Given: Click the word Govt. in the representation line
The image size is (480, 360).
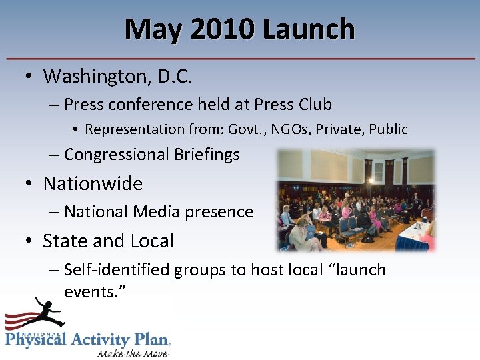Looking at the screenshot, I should click(245, 129).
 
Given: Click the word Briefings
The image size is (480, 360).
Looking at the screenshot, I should click(207, 155).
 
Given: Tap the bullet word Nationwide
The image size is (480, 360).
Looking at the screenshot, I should click(93, 183).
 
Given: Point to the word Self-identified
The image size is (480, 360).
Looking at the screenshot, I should click(117, 269).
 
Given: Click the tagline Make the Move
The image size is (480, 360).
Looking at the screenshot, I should click(132, 352).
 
